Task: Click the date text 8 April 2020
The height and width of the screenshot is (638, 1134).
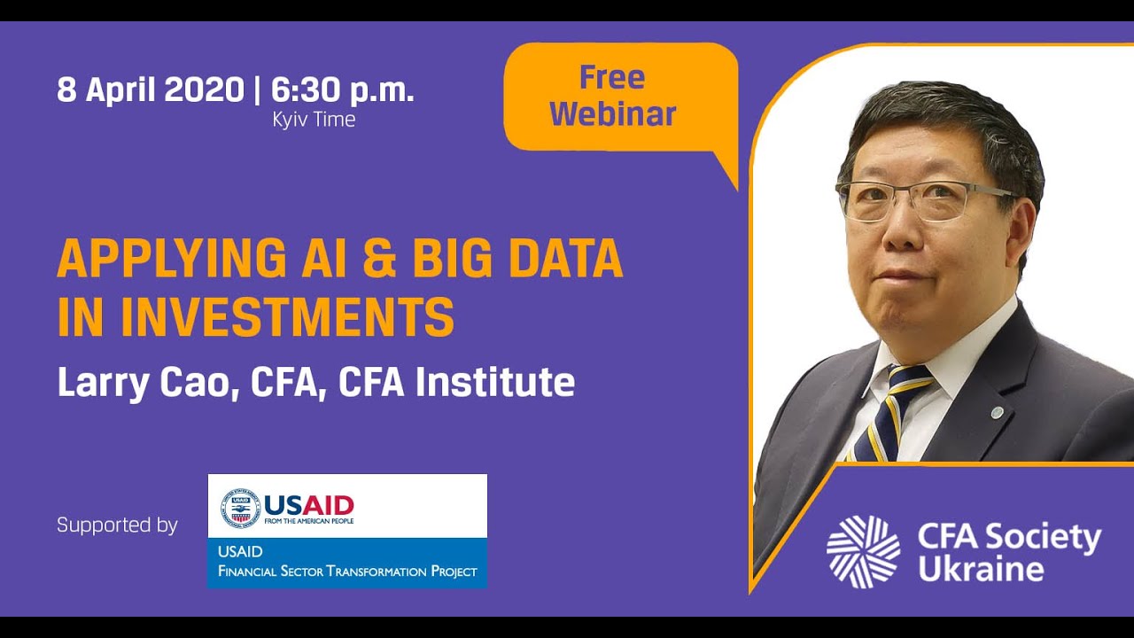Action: point(150,89)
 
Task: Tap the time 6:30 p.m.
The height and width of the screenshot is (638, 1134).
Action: point(343,89)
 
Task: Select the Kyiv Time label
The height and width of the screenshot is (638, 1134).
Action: point(314,120)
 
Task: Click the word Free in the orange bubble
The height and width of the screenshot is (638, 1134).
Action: point(612,78)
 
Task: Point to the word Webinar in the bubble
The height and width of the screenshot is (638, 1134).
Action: point(612,114)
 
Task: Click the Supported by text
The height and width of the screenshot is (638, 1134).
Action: point(117,525)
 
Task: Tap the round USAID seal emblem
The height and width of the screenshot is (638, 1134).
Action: point(240,506)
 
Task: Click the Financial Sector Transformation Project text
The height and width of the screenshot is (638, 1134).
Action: point(347,572)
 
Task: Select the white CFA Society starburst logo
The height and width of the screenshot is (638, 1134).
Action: point(863,551)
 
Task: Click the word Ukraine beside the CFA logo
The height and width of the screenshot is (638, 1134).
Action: point(980,569)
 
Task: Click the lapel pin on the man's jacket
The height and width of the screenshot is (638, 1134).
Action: point(997,412)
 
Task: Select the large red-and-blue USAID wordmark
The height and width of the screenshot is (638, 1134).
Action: point(308,505)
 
